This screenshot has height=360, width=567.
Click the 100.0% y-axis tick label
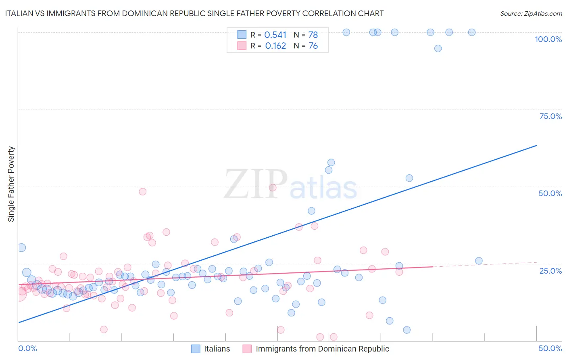(548, 39)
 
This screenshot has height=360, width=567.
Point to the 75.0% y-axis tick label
(550, 116)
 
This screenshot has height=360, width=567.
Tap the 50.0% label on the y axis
(550, 193)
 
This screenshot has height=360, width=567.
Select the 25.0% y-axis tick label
(550, 270)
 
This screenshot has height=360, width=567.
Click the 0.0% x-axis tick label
(27, 348)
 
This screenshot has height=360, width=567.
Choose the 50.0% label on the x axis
(550, 348)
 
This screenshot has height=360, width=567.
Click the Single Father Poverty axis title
(11, 184)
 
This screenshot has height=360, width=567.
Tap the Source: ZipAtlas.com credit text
(531, 13)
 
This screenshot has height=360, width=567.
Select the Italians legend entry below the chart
(217, 349)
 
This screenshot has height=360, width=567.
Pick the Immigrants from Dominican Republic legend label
(322, 349)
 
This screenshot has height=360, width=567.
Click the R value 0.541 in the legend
(275, 35)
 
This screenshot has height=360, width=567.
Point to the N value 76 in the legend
(313, 46)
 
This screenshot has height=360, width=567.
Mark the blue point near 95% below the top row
(438, 48)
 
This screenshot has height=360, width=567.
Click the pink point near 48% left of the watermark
(142, 192)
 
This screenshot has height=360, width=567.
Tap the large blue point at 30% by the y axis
(22, 248)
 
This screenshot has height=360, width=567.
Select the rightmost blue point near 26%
(479, 261)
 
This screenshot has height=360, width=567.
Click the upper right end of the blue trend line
(536, 145)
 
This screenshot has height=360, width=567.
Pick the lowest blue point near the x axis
(407, 330)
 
